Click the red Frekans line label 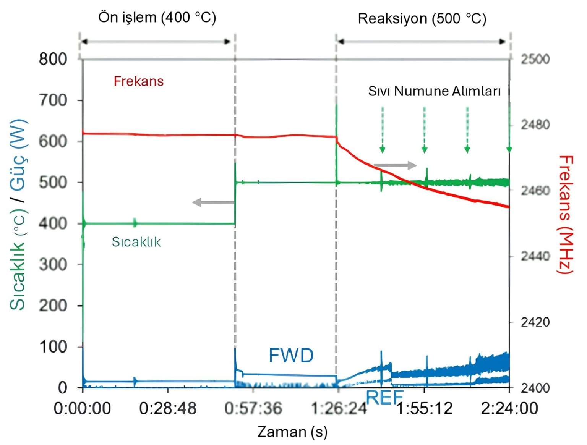(x=138, y=81)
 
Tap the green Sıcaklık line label (x=136, y=242)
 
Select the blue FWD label (x=291, y=356)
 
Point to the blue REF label (x=384, y=398)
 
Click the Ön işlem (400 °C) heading (x=157, y=18)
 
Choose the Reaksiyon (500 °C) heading (x=422, y=19)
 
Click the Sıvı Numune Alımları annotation (x=434, y=91)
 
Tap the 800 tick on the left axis (x=53, y=59)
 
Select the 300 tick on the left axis (x=53, y=264)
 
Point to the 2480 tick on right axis (x=535, y=125)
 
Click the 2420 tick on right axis (x=535, y=322)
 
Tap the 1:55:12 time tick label (x=424, y=409)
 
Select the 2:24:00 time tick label (x=509, y=409)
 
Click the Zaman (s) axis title (x=292, y=432)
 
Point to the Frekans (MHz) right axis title (x=566, y=214)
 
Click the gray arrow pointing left (x=212, y=202)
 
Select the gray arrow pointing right (x=395, y=165)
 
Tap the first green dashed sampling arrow (x=382, y=130)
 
